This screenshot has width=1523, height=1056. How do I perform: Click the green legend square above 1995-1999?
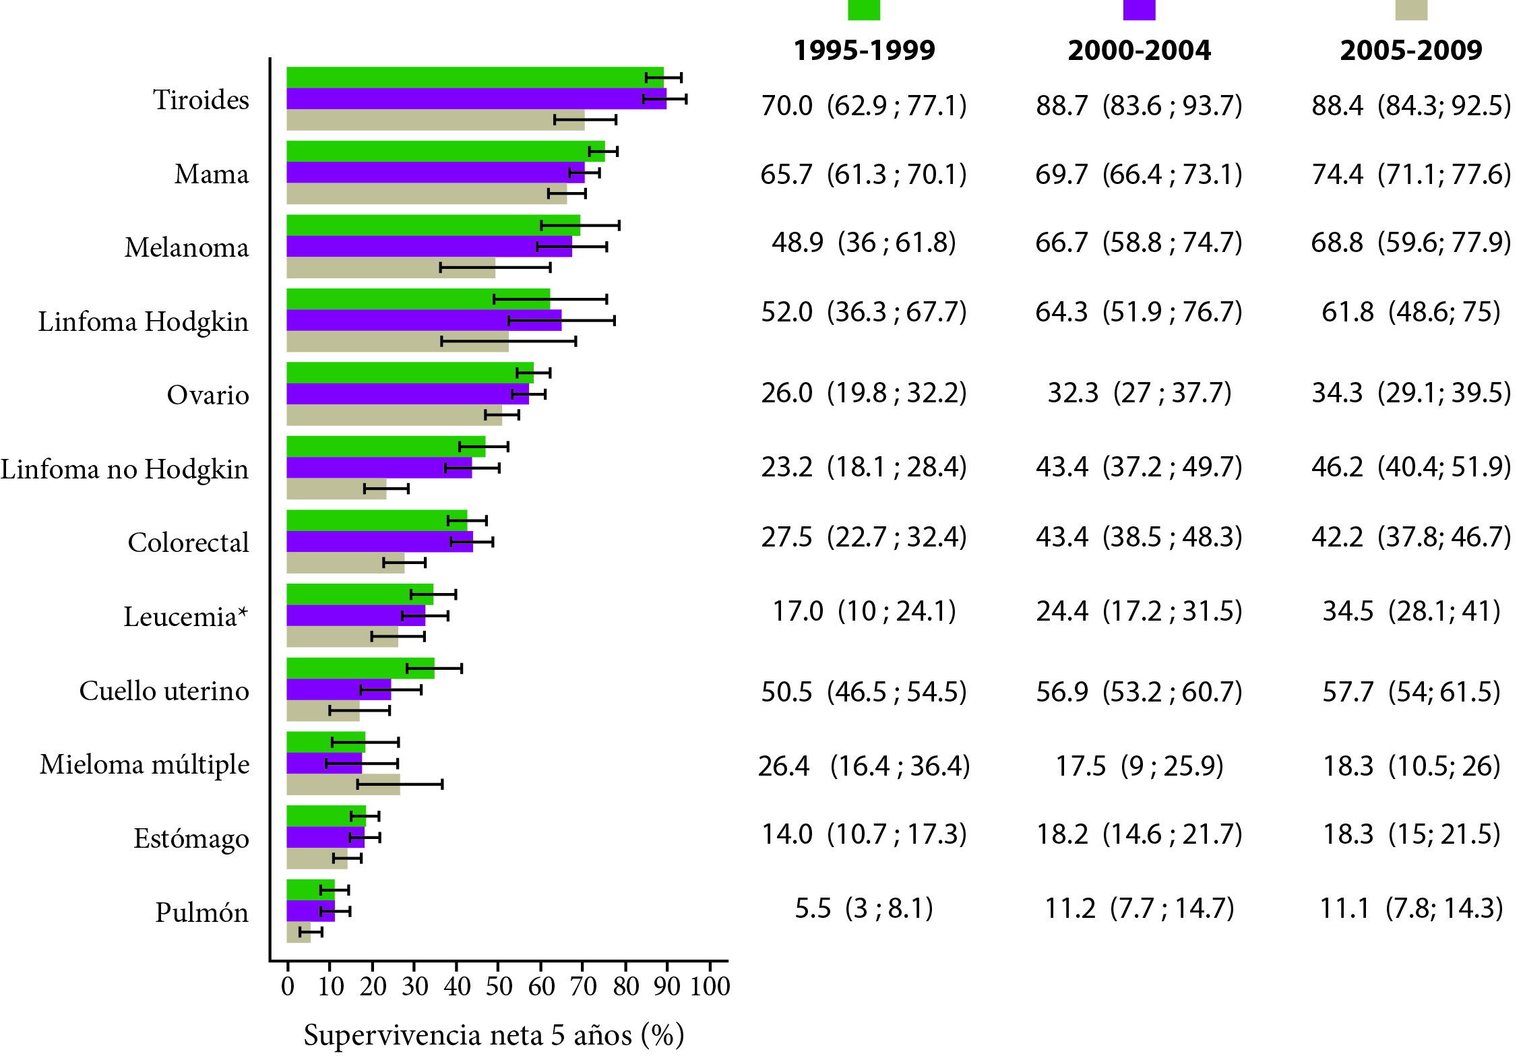pyautogui.click(x=863, y=9)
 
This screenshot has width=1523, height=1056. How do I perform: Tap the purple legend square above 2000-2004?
pyautogui.click(x=1139, y=9)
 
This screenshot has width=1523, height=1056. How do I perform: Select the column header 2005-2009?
pyautogui.click(x=1411, y=51)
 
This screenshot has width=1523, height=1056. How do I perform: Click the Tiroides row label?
pyautogui.click(x=201, y=100)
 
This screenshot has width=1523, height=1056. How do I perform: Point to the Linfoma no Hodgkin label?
pyautogui.click(x=125, y=469)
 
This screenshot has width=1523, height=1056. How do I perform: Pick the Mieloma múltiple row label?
pyautogui.click(x=145, y=765)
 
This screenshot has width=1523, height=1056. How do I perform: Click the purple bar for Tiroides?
pyautogui.click(x=472, y=99)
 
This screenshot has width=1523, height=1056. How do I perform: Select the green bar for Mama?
pyautogui.click(x=438, y=152)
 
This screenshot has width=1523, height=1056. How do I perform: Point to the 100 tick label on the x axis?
pyautogui.click(x=710, y=987)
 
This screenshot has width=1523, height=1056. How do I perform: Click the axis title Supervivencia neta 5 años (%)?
pyautogui.click(x=494, y=1035)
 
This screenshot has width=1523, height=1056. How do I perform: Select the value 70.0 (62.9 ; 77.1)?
pyautogui.click(x=864, y=106)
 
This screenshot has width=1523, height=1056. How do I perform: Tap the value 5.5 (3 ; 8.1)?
pyautogui.click(x=864, y=908)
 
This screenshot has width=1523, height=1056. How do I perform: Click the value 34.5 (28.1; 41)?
pyautogui.click(x=1411, y=611)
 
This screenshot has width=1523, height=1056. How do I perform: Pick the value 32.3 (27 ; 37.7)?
pyautogui.click(x=1139, y=393)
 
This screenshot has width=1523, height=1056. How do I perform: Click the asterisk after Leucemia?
pyautogui.click(x=243, y=612)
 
